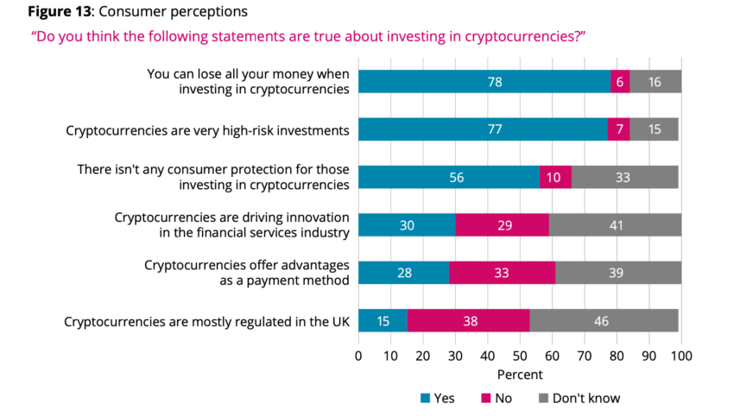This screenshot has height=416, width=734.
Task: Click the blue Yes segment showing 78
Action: [484, 82]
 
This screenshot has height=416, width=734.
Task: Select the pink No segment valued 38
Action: [468, 321]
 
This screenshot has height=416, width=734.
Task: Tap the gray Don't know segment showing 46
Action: [604, 321]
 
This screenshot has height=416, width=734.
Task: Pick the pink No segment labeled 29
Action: [502, 225]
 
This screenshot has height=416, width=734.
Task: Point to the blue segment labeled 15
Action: [383, 321]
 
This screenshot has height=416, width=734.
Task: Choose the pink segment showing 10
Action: [555, 177]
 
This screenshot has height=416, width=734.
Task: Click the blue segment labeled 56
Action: [449, 177]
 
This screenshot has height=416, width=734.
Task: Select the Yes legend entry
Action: [438, 398]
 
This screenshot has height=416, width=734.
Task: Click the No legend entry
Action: [496, 398]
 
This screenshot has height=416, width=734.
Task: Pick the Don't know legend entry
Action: [579, 398]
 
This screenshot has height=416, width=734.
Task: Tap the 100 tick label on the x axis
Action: [681, 355]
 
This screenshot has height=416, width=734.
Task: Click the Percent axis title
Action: [520, 375]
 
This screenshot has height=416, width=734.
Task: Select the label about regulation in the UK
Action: [206, 321]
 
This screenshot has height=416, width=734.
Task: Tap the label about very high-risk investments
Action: [207, 129]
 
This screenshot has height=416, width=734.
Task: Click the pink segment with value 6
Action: [620, 82]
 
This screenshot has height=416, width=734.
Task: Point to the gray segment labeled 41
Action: [615, 225]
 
